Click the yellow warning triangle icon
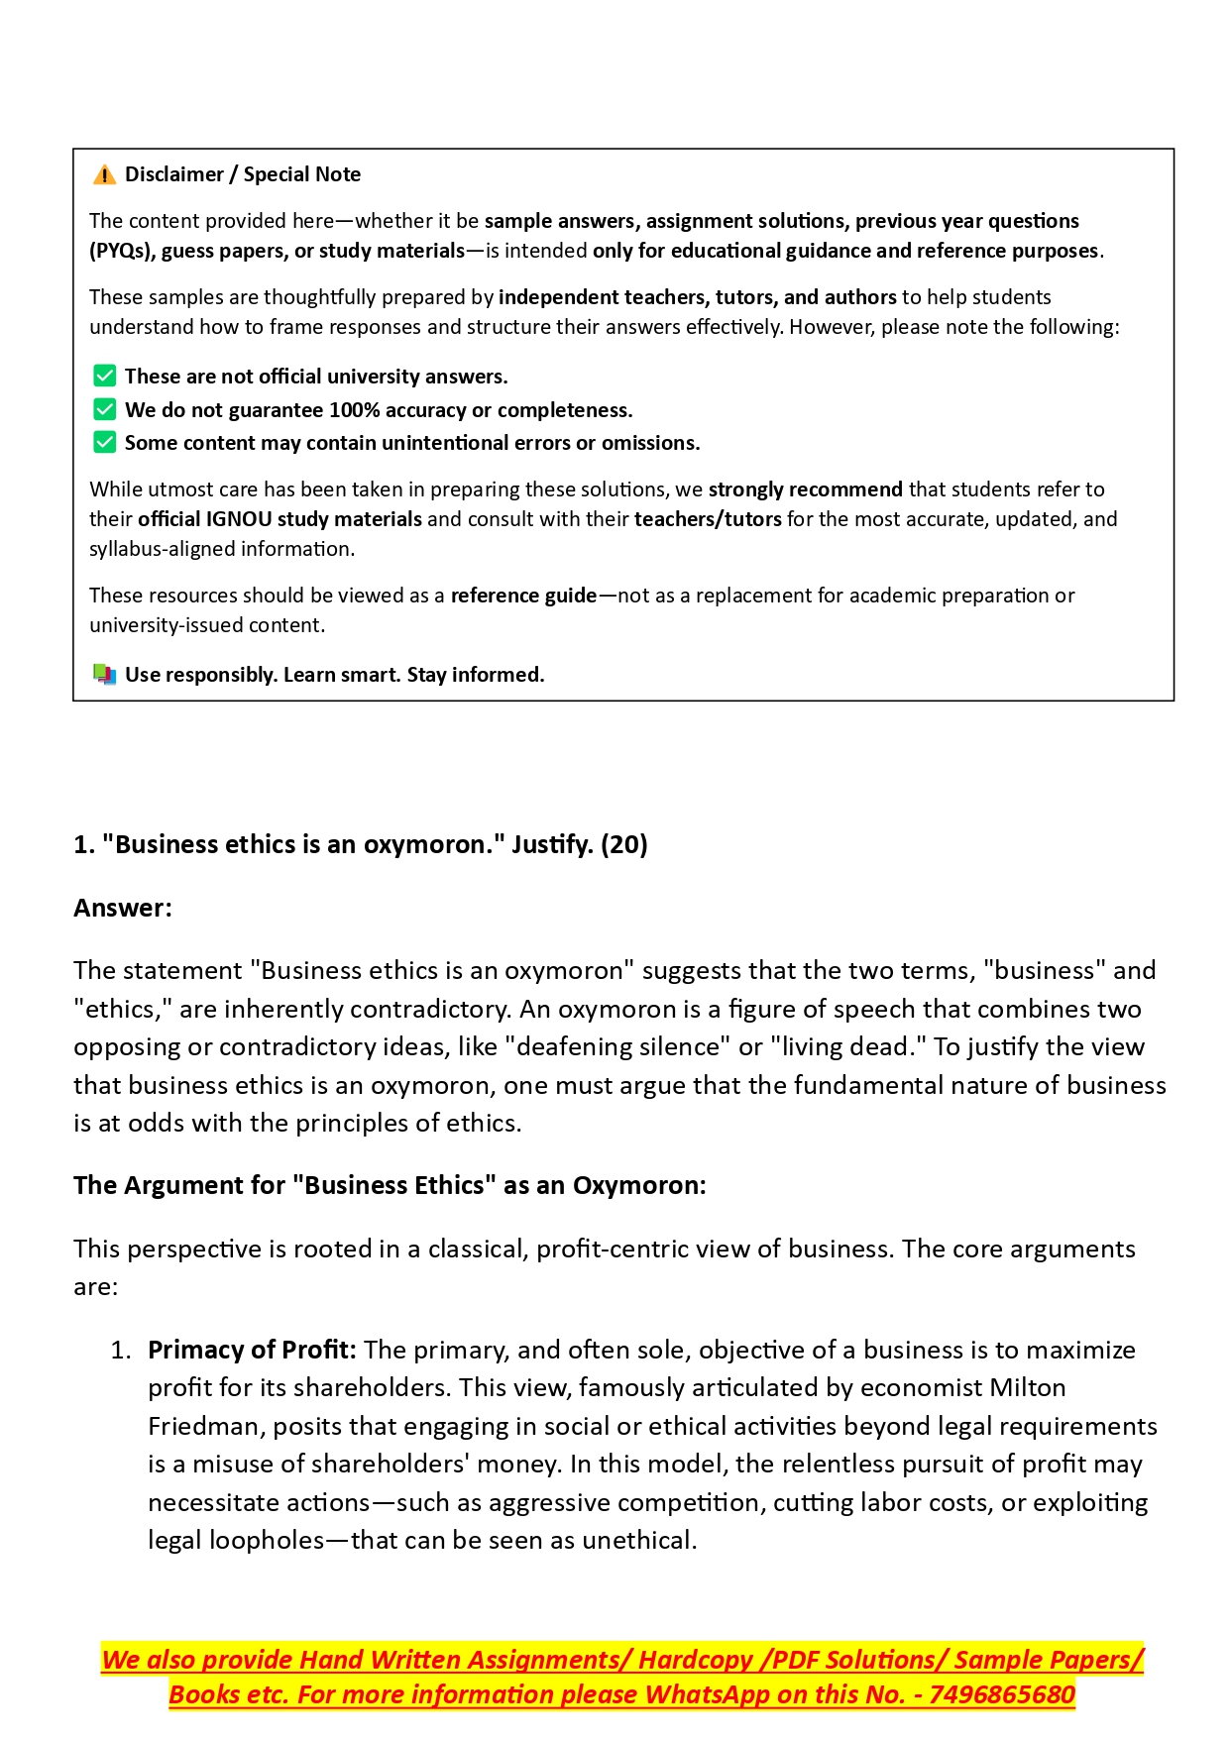coord(104,175)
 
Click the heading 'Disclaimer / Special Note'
coord(242,174)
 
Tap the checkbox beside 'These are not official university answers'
coord(104,376)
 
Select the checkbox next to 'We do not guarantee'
coord(104,409)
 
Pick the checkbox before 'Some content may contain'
coord(104,442)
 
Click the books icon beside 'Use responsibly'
coord(104,675)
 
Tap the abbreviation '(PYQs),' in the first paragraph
coord(122,251)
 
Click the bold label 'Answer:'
coord(123,908)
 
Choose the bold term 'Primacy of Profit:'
coord(252,1350)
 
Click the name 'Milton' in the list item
coord(1028,1387)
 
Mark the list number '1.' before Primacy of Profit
coord(120,1350)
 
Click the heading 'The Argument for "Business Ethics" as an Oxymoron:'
coord(390,1185)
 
